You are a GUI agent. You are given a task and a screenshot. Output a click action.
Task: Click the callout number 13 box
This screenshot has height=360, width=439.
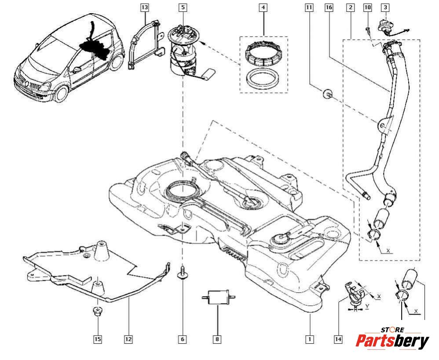(145, 7)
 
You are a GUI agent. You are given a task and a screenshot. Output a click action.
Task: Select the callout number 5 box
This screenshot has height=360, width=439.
(183, 7)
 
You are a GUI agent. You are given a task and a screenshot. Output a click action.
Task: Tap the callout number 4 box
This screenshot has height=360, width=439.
(263, 7)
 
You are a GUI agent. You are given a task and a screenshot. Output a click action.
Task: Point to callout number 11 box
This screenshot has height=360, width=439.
(309, 7)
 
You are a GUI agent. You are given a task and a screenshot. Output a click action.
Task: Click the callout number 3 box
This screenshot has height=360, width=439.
(385, 7)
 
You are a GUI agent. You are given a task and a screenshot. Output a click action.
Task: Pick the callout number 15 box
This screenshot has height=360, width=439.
(98, 339)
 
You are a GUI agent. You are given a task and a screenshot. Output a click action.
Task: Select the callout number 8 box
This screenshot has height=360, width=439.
(217, 339)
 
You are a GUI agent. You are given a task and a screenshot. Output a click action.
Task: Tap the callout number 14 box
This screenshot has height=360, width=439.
(338, 339)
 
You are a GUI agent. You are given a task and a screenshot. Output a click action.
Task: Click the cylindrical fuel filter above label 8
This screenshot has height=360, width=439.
(217, 298)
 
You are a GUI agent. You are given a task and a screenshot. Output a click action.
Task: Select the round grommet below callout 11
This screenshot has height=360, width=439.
(327, 93)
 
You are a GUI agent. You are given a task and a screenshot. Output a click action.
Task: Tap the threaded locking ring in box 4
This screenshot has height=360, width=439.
(262, 52)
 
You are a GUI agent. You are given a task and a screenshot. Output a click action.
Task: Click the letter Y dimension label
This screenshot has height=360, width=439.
(367, 305)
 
